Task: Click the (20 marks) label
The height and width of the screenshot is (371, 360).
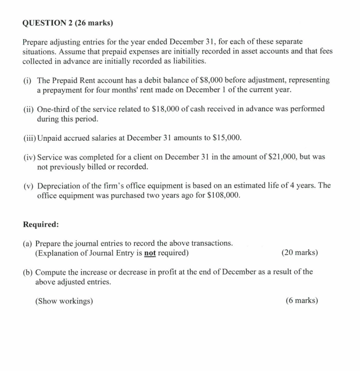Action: tap(299, 252)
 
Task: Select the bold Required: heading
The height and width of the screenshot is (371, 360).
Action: tap(41, 224)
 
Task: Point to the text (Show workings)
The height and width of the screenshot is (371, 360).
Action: tap(64, 300)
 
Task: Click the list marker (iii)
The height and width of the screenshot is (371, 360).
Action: tap(29, 138)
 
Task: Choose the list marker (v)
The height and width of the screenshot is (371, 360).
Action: tap(28, 185)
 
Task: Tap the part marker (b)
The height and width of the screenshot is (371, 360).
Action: tap(27, 271)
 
